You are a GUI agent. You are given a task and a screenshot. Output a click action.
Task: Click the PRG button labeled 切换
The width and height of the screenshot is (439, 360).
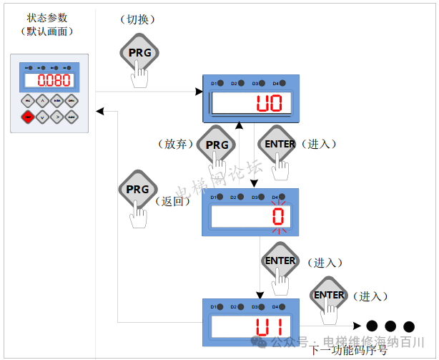(138, 52)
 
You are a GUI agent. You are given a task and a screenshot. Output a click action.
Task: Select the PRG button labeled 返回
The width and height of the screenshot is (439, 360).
(137, 190)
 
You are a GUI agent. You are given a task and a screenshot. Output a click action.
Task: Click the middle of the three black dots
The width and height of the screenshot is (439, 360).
(390, 326)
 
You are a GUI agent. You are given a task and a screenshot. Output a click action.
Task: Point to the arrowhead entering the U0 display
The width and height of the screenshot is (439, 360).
(199, 92)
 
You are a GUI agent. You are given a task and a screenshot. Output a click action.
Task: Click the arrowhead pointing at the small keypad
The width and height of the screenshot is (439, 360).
(100, 111)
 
